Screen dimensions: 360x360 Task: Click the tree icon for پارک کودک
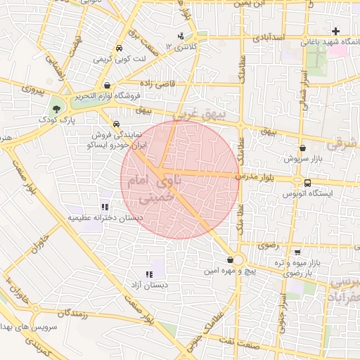pyautogui.click(x=56, y=109)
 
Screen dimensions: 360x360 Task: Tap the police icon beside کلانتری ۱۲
pyautogui.click(x=181, y=36)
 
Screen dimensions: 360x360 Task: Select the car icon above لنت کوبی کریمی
pyautogui.click(x=119, y=49)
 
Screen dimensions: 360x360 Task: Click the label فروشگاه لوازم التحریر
pyautogui.click(x=109, y=96)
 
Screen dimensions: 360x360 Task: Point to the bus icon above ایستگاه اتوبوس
pyautogui.click(x=307, y=183)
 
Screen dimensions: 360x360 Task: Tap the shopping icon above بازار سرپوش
pyautogui.click(x=302, y=148)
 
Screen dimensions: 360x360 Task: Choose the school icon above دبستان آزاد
pyautogui.click(x=148, y=274)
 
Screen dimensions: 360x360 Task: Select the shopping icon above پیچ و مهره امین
pyautogui.click(x=231, y=260)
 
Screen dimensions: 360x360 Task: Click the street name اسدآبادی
pyautogui.click(x=269, y=35)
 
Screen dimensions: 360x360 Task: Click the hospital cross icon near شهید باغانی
pyautogui.click(x=336, y=32)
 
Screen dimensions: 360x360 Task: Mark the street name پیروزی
pyautogui.click(x=32, y=90)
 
